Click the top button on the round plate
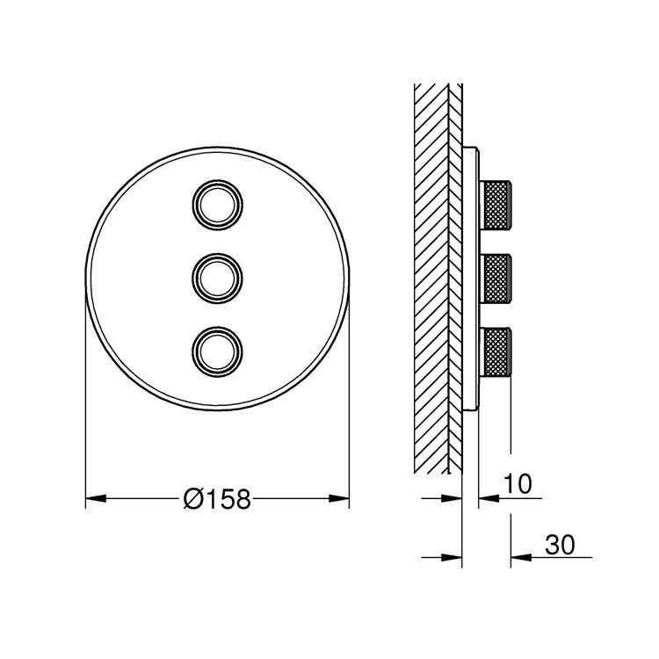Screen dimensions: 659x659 click(216, 206)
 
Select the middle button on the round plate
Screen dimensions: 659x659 click(216, 278)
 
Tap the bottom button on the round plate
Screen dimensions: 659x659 click(216, 350)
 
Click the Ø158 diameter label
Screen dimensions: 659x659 click(217, 500)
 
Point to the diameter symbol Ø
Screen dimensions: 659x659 click(193, 500)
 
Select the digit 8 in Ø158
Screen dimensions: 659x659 click(242, 500)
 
